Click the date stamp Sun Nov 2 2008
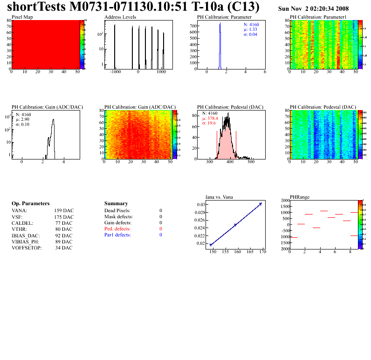coord(313,9)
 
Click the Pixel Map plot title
coord(22,17)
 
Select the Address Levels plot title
coord(120,17)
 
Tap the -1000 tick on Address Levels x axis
coord(115,72)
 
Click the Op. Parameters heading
coord(30,204)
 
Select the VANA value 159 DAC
coord(63,211)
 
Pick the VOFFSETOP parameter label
coord(26,248)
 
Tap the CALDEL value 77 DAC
coord(63,223)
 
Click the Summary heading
coord(116,204)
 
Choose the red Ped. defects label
coord(117,229)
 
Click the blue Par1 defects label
coord(117,235)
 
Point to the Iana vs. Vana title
coord(219,197)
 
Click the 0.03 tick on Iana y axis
coord(201,205)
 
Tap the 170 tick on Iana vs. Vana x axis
coord(262,252)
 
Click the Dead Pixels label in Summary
coord(117,211)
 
